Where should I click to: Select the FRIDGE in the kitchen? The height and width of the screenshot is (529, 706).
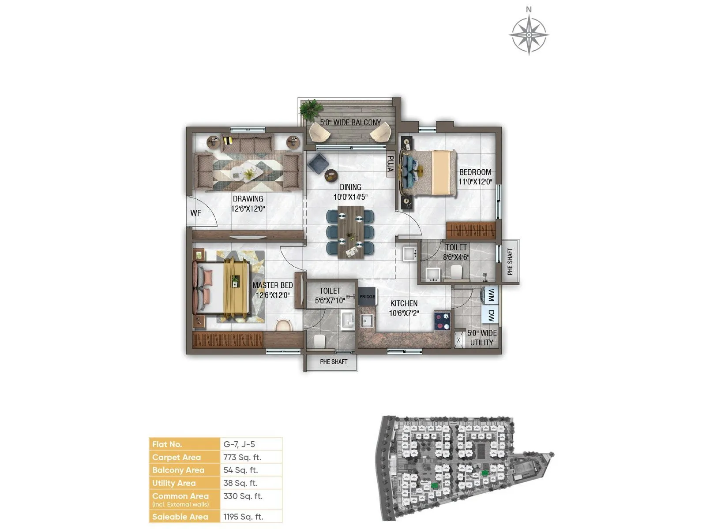pyautogui.click(x=367, y=297)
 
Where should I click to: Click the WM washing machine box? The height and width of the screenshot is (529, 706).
pyautogui.click(x=491, y=295)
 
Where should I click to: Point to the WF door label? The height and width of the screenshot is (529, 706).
pyautogui.click(x=195, y=213)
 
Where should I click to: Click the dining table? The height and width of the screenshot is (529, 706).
pyautogui.click(x=351, y=232)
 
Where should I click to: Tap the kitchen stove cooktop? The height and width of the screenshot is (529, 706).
pyautogui.click(x=442, y=320)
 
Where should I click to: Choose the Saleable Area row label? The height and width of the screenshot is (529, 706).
pyautogui.click(x=180, y=517)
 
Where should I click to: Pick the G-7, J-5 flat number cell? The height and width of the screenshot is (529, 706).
pyautogui.click(x=239, y=444)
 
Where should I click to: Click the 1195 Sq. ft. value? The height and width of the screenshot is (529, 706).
pyautogui.click(x=243, y=517)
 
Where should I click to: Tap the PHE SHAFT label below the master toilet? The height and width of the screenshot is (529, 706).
pyautogui.click(x=334, y=361)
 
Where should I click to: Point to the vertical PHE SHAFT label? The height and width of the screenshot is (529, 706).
pyautogui.click(x=510, y=262)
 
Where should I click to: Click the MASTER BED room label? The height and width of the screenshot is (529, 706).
pyautogui.click(x=272, y=285)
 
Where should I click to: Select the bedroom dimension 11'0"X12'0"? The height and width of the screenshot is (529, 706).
pyautogui.click(x=475, y=181)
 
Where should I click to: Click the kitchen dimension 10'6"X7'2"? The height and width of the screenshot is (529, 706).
pyautogui.click(x=404, y=313)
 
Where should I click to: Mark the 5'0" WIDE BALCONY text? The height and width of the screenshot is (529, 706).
pyautogui.click(x=350, y=122)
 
